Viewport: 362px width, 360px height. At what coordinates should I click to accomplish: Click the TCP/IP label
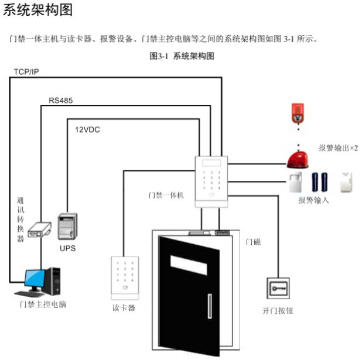27,73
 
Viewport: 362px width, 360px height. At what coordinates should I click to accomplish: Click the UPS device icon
67,227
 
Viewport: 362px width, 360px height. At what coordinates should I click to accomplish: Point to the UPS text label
67,248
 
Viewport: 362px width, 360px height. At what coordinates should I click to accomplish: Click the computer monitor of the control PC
33,280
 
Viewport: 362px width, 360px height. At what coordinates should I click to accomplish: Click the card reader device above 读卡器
124,276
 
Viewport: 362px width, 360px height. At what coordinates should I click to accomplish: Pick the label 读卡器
124,308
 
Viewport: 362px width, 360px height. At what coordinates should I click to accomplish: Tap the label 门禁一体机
166,195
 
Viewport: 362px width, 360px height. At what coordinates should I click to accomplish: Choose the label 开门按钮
277,311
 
